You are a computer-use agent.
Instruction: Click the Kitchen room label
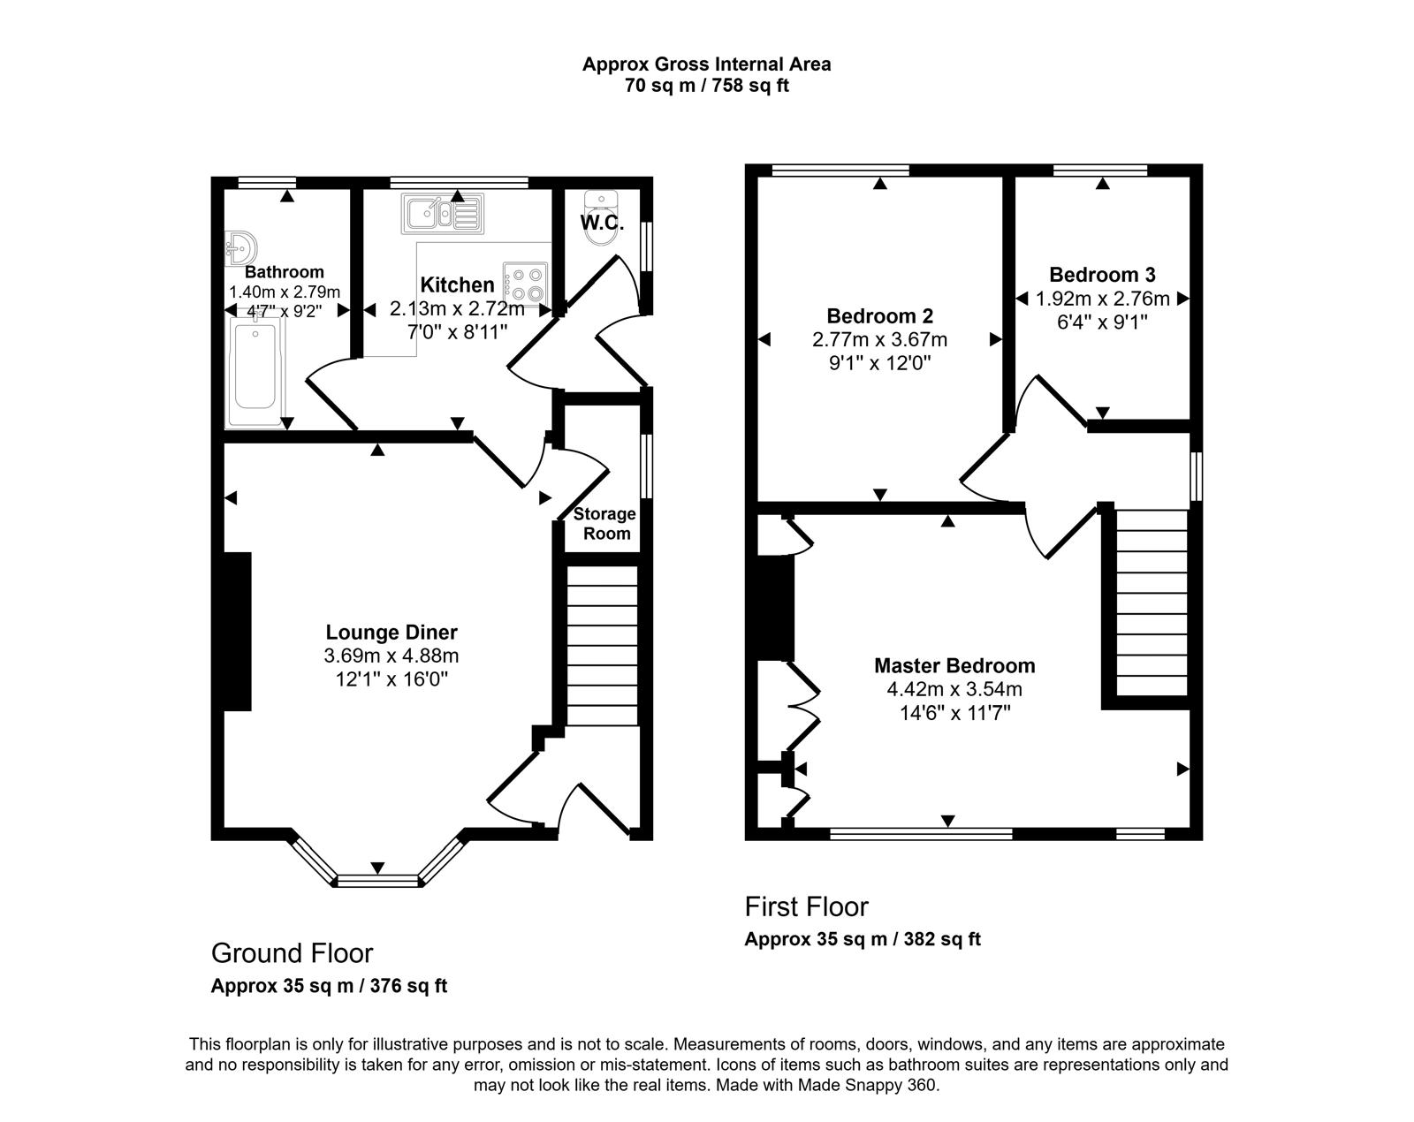[x=457, y=285]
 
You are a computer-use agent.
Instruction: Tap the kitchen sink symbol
[x=443, y=214]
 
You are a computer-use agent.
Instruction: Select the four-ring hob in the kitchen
[x=526, y=284]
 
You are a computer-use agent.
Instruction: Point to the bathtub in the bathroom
[x=255, y=371]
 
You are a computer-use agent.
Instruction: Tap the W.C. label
[x=602, y=223]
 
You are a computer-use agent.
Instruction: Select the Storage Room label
[x=605, y=524]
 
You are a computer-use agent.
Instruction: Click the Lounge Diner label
[x=392, y=632]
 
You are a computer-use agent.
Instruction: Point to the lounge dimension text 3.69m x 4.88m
[x=392, y=656]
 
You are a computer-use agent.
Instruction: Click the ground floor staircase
[x=603, y=646]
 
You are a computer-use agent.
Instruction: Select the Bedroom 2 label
[x=880, y=316]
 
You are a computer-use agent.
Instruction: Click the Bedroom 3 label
[x=1103, y=275]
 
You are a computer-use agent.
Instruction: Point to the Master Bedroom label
[x=954, y=665]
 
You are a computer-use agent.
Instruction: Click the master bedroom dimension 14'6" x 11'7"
[x=954, y=713]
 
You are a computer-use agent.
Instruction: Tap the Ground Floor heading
[x=292, y=953]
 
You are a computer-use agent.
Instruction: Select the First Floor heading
[x=806, y=906]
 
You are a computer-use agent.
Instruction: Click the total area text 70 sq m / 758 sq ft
[x=707, y=86]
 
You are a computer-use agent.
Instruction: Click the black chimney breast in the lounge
[x=237, y=632]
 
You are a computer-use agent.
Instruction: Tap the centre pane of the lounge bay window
[x=378, y=881]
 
